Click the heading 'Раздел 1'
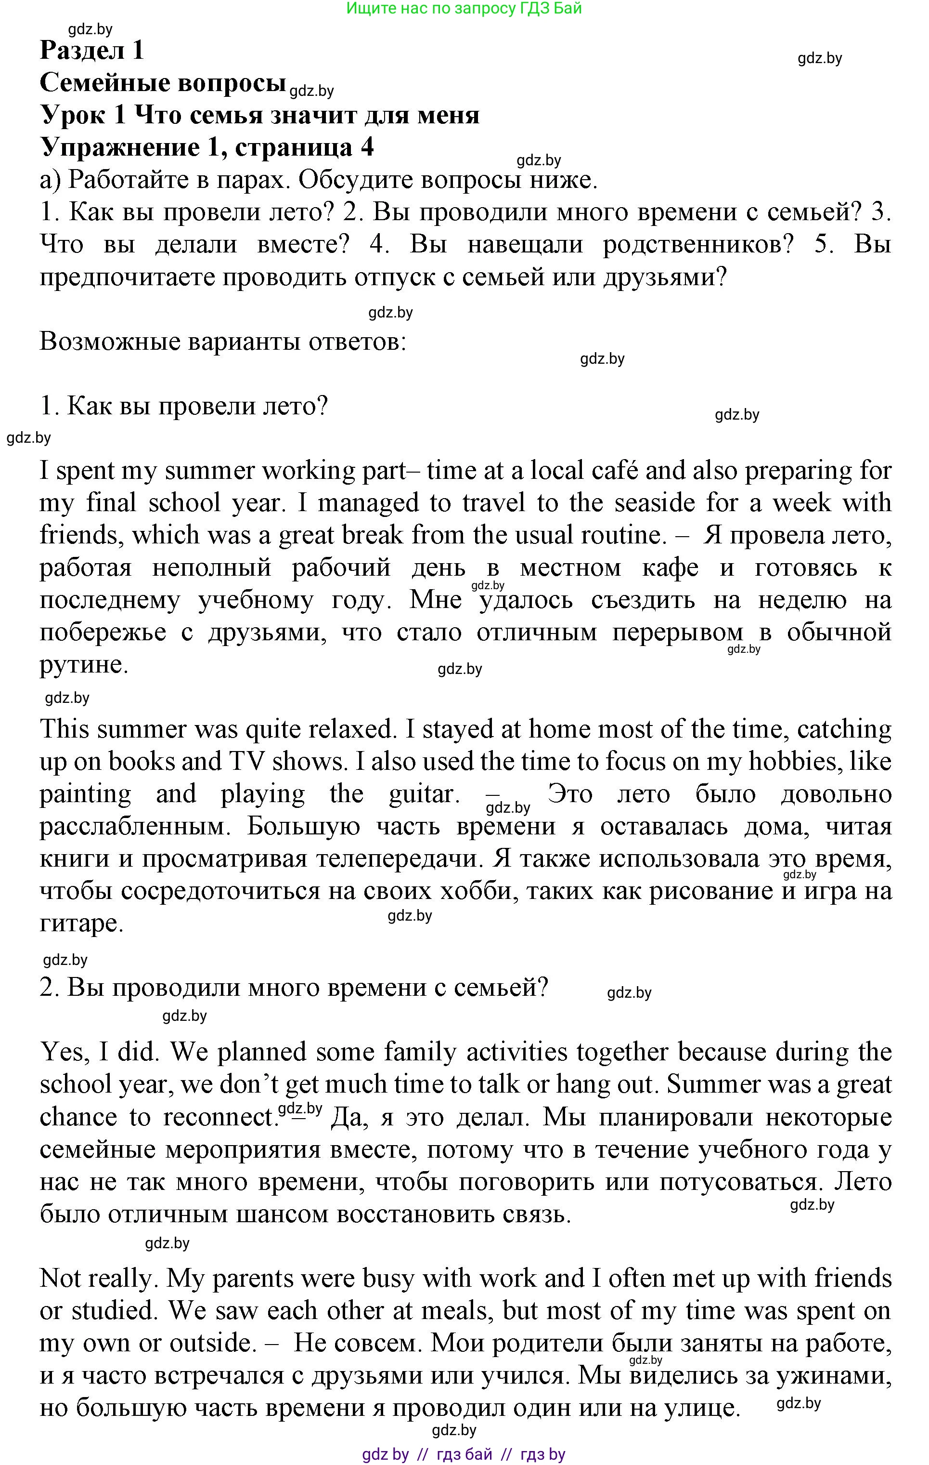tap(92, 51)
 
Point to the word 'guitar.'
tap(425, 794)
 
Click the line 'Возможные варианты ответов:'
tap(222, 342)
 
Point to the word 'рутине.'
tap(84, 665)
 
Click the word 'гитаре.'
tap(81, 924)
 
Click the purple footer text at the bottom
tap(464, 1455)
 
